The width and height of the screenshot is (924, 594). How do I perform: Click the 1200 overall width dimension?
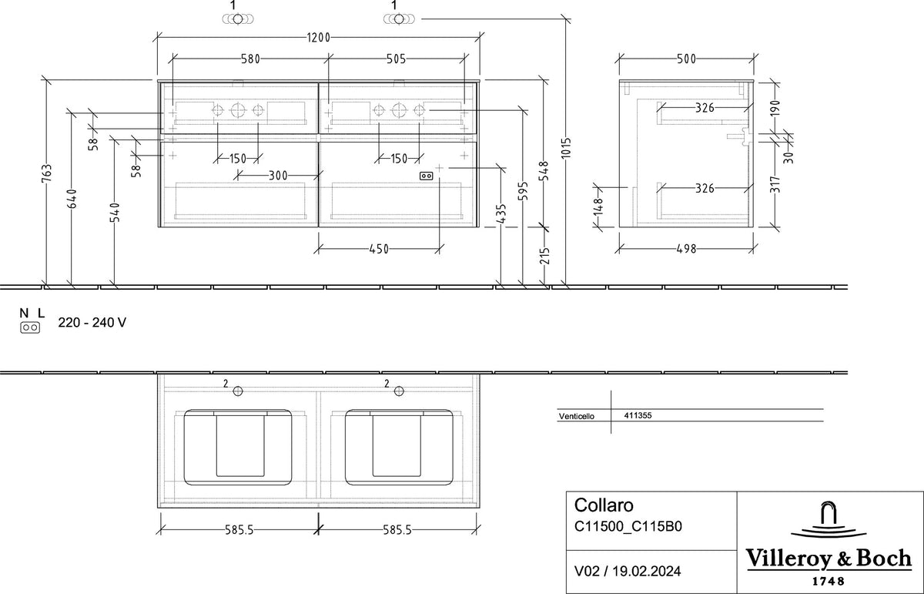[319, 38]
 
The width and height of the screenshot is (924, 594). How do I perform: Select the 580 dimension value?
[250, 59]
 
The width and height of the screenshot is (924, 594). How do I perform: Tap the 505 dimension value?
[396, 59]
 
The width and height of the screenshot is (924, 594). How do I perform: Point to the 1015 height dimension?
[567, 148]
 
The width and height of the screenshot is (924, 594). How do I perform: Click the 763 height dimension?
[47, 173]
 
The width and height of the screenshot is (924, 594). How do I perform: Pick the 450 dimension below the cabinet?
[379, 249]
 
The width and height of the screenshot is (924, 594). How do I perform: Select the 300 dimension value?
[278, 176]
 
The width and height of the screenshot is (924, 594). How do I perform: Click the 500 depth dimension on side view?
[686, 59]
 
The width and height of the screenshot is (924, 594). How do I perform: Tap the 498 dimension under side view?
[686, 249]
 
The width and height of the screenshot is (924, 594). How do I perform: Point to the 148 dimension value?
[598, 206]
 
